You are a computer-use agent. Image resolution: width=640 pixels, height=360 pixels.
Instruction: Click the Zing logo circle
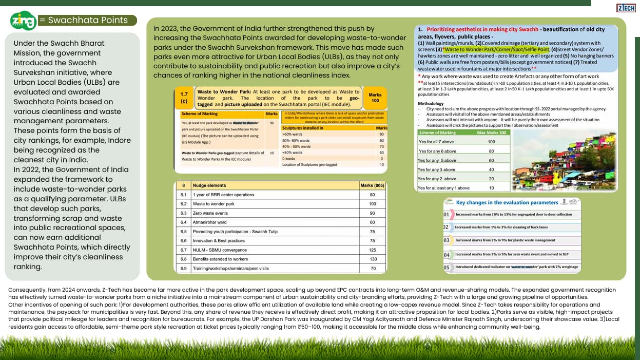point(23,21)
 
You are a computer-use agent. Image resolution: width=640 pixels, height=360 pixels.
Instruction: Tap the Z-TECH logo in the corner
point(626,8)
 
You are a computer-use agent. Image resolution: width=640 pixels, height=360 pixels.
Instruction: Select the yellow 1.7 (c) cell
point(184,98)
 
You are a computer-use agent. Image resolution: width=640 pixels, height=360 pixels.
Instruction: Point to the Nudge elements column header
point(209,185)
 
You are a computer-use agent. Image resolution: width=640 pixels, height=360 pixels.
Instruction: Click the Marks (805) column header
point(372,185)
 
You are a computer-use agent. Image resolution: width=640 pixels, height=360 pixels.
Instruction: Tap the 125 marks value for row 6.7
point(372,250)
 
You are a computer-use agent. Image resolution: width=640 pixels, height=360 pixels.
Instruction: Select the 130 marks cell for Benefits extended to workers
point(372,259)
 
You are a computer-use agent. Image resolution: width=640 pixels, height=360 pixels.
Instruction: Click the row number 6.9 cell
point(183,269)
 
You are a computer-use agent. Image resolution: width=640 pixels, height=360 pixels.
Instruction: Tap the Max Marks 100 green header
point(491,132)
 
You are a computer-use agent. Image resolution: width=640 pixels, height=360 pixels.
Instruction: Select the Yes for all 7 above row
point(436,142)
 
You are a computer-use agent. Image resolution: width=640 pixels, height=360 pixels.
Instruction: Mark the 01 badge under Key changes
point(446,214)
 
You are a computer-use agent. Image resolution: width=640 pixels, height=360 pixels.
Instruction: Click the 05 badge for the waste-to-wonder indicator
point(446,267)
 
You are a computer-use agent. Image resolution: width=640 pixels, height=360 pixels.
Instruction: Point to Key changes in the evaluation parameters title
point(507,202)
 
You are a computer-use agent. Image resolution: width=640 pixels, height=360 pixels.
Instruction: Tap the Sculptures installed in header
point(303,128)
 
